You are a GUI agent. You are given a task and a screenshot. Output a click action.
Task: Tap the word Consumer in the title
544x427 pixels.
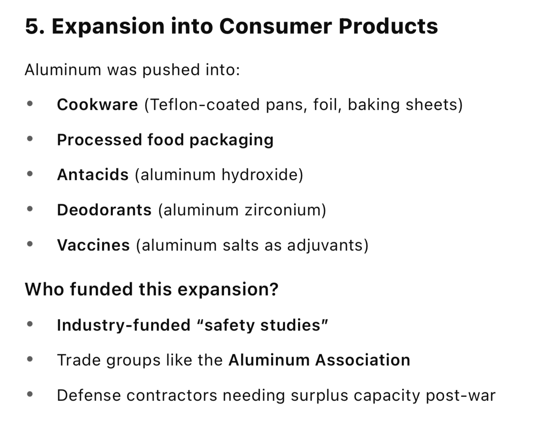[276, 26]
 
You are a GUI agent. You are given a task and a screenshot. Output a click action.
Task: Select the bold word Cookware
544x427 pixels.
[97, 105]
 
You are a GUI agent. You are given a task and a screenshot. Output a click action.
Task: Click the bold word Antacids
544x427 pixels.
[93, 175]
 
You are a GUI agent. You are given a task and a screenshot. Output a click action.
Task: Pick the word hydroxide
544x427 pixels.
[262, 175]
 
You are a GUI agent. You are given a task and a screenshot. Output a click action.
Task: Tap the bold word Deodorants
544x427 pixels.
[104, 210]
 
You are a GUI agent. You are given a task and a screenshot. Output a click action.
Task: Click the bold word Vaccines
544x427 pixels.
[93, 245]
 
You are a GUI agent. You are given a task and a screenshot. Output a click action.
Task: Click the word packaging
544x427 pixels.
[232, 140]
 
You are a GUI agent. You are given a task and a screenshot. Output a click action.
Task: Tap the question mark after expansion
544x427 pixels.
[274, 289]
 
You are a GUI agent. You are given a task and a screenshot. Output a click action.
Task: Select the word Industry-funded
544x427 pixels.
[124, 325]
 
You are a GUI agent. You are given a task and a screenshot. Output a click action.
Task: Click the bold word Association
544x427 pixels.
[363, 360]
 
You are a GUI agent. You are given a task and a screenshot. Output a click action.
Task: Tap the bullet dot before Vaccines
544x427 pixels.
[30, 244]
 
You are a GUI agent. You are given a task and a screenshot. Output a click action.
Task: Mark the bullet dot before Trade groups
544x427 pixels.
[30, 359]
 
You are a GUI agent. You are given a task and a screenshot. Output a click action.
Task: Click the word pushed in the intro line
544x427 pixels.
[171, 70]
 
